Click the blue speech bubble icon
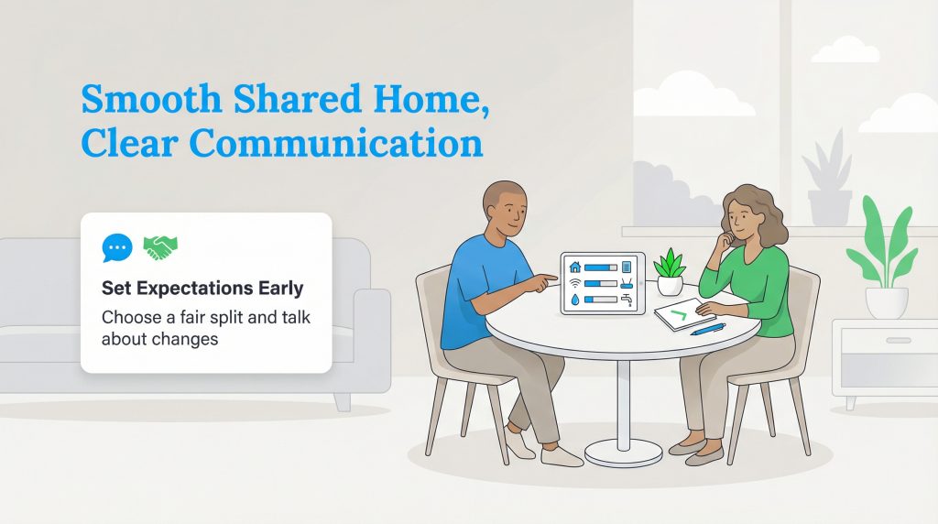tap(117, 247)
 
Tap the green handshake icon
tap(160, 246)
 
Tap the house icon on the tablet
tap(575, 267)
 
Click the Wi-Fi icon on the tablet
tap(575, 283)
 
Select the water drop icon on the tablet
tap(575, 299)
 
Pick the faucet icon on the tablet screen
tap(627, 298)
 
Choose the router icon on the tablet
tap(627, 267)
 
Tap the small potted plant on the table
tap(671, 272)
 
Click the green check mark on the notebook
tap(678, 315)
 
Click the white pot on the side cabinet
tap(887, 301)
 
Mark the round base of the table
tap(623, 451)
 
